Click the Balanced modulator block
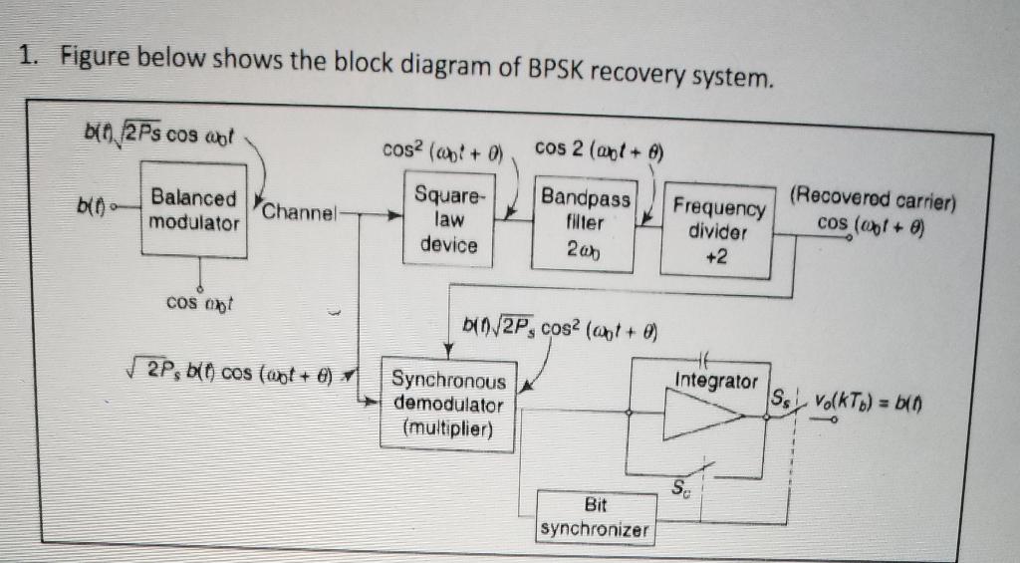coord(194,210)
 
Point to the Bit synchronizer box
coord(594,516)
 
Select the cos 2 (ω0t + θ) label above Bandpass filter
coord(595,149)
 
